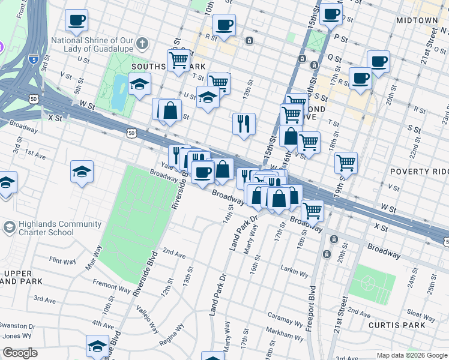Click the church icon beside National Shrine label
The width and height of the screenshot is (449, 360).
click(142, 43)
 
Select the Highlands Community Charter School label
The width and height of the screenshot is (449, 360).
click(46, 228)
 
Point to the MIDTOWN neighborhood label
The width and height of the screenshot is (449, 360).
click(417, 20)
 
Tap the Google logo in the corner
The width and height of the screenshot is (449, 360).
click(20, 353)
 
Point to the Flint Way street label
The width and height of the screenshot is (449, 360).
click(63, 261)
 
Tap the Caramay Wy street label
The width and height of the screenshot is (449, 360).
click(280, 315)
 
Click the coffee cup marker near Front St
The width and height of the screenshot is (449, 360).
click(76, 20)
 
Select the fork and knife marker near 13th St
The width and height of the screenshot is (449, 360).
click(244, 124)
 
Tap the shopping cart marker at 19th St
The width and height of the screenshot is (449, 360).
click(346, 161)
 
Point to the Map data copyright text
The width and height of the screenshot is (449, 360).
click(411, 355)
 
